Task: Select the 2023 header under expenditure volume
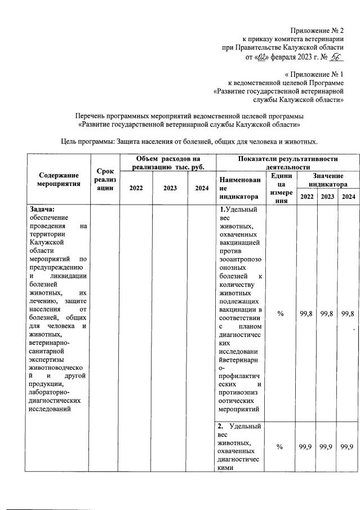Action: (x=170, y=188)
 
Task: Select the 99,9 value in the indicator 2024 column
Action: (x=348, y=447)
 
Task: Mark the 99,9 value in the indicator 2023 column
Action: (x=327, y=447)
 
